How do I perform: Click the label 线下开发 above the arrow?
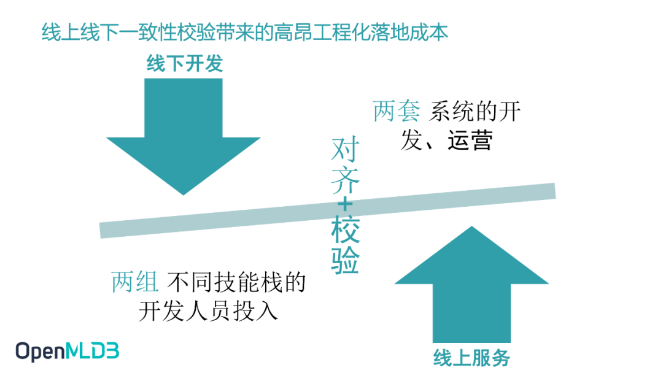[184, 63]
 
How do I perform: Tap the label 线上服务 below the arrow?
[471, 357]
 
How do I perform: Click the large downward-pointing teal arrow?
[184, 135]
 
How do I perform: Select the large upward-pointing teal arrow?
[471, 288]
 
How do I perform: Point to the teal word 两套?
[397, 112]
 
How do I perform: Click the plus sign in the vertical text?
[345, 204]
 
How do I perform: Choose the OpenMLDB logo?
[68, 351]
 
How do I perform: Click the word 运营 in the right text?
[470, 142]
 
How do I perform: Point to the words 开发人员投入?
[209, 311]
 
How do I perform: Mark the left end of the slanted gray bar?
[104, 230]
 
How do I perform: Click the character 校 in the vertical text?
[345, 232]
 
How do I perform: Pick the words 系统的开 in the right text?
[475, 112]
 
